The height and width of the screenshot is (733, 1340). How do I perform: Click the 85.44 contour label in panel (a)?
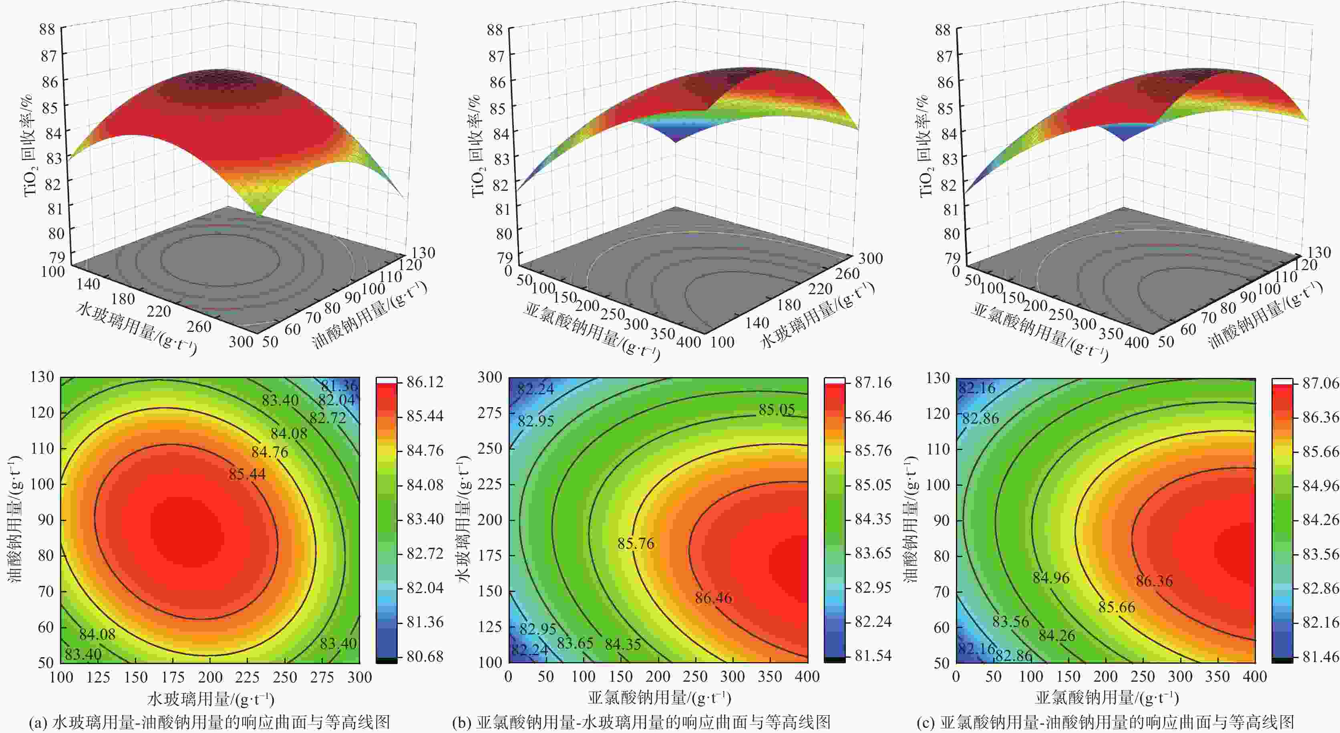[247, 474]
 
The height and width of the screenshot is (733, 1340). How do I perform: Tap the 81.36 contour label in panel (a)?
[339, 386]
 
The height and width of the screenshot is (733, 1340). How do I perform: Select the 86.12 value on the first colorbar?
[425, 382]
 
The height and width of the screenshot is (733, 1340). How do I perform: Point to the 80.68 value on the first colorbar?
[425, 656]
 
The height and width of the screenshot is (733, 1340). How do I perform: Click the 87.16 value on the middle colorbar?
[873, 383]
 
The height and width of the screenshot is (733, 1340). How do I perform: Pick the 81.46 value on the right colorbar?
[1321, 656]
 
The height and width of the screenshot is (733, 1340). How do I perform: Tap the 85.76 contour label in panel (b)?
[636, 543]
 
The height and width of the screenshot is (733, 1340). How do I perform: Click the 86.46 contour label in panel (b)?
[713, 598]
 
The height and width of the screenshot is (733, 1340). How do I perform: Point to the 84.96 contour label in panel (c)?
[1051, 578]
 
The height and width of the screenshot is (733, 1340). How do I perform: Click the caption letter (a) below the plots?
[39, 723]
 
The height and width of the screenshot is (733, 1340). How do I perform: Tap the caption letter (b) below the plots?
[462, 723]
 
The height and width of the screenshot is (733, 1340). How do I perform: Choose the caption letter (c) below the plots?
[926, 723]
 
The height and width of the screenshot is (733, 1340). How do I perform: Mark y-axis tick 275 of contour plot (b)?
[489, 413]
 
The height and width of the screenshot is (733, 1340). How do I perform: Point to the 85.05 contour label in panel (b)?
[777, 410]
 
